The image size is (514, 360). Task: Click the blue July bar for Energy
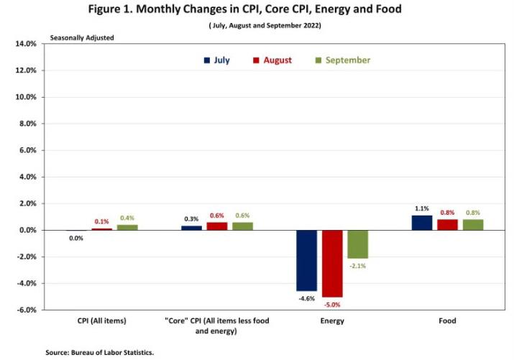(306, 260)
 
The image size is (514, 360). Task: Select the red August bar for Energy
(332, 263)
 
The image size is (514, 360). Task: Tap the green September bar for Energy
(357, 244)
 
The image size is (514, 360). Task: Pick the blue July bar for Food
(422, 223)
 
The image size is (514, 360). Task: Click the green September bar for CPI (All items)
(127, 227)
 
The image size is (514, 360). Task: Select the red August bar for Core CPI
(217, 226)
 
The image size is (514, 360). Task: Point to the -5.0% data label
(333, 303)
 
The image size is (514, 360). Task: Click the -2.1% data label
(359, 265)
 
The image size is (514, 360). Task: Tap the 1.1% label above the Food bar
(421, 208)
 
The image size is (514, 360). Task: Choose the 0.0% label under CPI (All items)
(76, 238)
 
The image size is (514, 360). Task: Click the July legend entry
(216, 60)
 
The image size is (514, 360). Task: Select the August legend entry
(272, 60)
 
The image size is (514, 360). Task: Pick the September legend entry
(342, 60)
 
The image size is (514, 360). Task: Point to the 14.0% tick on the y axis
(25, 44)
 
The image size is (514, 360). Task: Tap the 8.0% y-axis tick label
(27, 124)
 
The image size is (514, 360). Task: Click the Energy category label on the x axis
(332, 320)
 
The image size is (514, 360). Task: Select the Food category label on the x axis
(447, 320)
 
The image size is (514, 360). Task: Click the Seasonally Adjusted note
(81, 37)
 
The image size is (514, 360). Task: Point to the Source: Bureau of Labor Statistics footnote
(100, 352)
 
